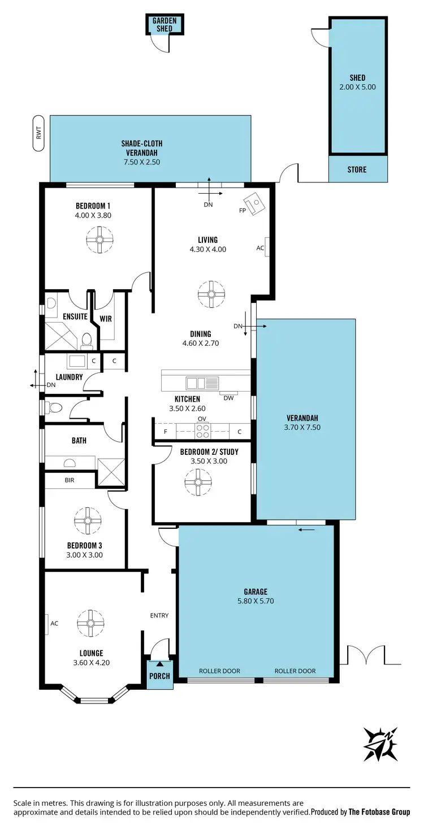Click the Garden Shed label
165,25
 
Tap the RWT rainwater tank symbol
39,133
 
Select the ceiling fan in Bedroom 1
99,239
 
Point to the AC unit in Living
267,247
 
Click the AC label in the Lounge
54,623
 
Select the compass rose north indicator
380,744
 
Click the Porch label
159,676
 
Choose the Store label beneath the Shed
357,170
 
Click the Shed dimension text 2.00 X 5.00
357,87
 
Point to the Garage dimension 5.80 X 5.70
256,601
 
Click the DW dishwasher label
228,398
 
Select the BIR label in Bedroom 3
70,480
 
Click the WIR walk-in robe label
106,319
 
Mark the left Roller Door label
219,671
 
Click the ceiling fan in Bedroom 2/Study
198,482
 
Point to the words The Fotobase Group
379,812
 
